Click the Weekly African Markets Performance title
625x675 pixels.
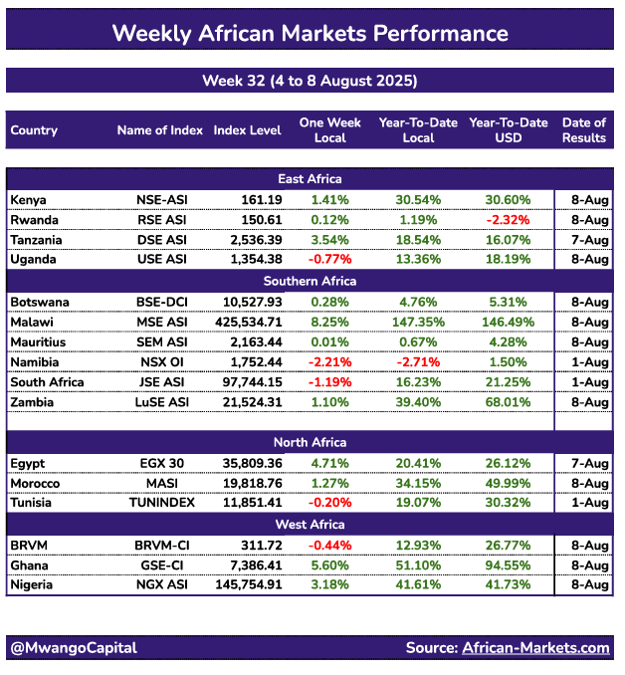click(310, 34)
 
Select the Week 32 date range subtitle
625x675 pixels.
click(310, 81)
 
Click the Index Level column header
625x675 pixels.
click(247, 130)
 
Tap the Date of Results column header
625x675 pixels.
click(584, 130)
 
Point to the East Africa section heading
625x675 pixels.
click(310, 179)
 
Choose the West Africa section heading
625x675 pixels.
click(310, 525)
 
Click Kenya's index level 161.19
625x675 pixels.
click(262, 200)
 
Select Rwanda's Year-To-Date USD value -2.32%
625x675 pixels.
click(509, 220)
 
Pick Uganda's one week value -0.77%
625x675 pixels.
click(330, 260)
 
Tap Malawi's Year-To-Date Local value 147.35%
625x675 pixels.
click(418, 323)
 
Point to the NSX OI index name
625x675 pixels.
click(162, 362)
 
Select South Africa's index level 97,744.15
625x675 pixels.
click(252, 382)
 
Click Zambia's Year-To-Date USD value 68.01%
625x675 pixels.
click(509, 402)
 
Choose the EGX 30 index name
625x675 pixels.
click(162, 464)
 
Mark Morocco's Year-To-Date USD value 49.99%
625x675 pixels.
click(509, 484)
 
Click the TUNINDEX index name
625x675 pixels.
click(162, 503)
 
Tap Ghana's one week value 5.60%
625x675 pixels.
click(330, 565)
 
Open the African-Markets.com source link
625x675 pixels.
click(535, 648)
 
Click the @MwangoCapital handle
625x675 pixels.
click(74, 648)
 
